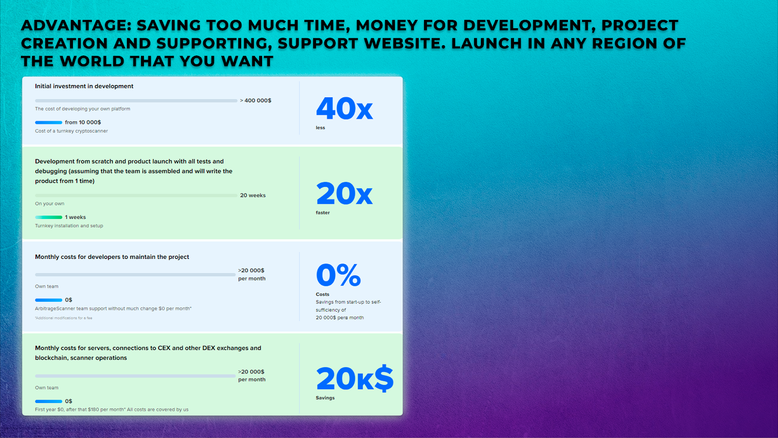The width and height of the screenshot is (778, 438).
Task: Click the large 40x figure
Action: coord(344,109)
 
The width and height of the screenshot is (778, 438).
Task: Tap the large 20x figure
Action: coord(344,193)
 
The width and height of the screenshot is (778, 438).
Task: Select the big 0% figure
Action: coord(338,274)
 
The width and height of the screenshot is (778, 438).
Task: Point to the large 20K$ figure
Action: coord(354,378)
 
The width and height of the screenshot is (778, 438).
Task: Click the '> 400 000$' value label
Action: coord(256,100)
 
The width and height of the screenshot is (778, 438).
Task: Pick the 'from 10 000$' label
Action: coord(83,122)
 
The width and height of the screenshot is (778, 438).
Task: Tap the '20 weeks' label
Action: coord(253,195)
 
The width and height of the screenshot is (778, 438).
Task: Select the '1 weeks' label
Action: coord(75,217)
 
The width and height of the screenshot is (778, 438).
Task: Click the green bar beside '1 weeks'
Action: coord(49,217)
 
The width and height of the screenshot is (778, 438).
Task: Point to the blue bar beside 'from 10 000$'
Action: coord(49,122)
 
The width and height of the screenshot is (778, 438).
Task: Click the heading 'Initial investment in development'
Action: coord(84,86)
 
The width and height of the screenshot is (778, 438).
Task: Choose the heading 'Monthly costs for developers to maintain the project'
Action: coord(112,257)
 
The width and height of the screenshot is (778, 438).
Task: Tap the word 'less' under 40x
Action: coord(320,128)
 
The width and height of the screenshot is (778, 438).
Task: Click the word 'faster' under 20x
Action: coord(323,212)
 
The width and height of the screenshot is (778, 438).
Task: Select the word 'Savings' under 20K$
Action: coord(325,398)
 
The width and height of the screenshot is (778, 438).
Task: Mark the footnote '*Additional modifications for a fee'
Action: coord(64,318)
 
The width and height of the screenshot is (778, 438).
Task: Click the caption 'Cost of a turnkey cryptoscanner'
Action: coord(71,131)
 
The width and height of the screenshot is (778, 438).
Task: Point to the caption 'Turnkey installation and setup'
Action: coord(69,226)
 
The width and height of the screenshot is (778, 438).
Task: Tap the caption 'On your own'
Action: coord(50,204)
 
